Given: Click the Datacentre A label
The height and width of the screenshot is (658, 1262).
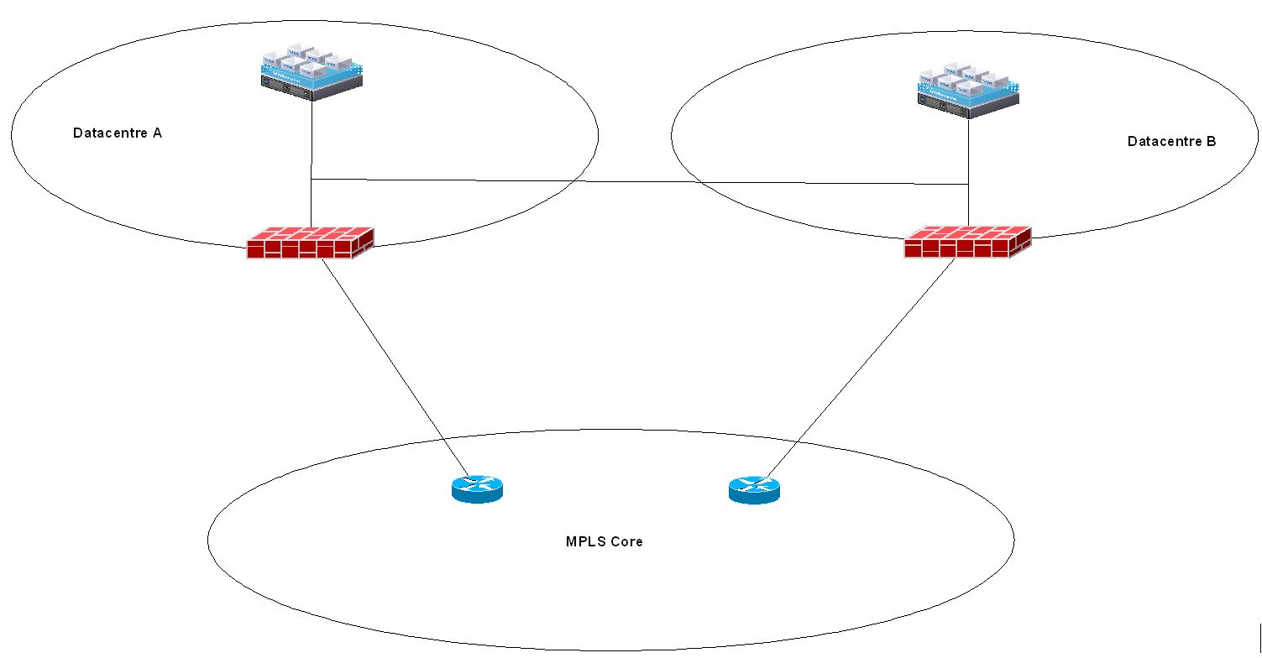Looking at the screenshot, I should pos(118,133).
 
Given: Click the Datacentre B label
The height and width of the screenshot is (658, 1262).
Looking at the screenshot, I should pos(1170,141).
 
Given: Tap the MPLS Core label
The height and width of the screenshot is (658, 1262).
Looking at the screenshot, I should pos(604,541).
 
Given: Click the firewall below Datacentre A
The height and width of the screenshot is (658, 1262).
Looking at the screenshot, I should pos(310,243).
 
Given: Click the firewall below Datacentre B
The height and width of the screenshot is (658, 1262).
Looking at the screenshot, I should pos(967,242).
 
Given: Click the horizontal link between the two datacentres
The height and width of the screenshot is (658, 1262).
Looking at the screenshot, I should pos(638,181).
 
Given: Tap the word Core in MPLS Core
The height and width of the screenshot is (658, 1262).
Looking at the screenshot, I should pos(626,541).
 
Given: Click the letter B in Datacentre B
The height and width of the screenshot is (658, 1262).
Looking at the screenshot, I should pos(1210,141).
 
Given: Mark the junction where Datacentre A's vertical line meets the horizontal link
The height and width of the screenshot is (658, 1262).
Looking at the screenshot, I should pos(312,179).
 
